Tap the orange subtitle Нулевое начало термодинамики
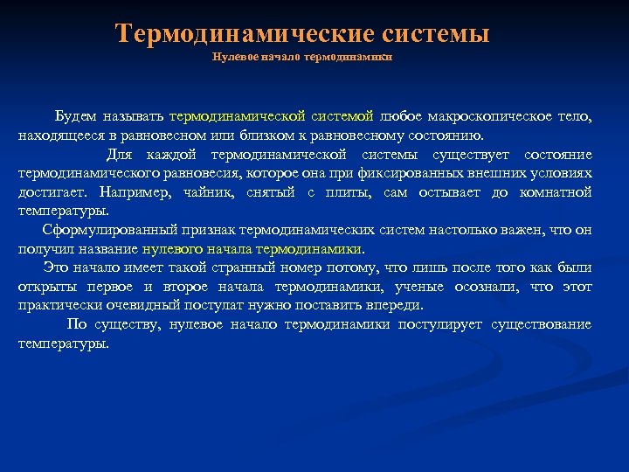[x=302, y=57]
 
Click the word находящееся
[x=56, y=136]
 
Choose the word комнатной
[x=555, y=191]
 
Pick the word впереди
[x=393, y=305]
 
